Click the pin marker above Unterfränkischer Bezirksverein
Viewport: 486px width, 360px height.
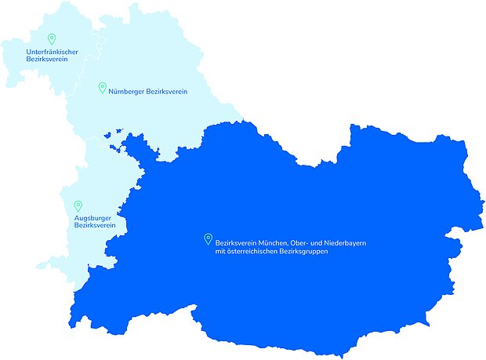tap(52, 38)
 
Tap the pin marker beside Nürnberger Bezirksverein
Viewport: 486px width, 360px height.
tap(102, 88)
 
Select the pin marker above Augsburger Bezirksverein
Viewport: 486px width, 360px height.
tap(78, 206)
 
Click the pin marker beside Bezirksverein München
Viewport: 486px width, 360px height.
tap(208, 239)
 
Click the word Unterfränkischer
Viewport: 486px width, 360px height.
tap(52, 52)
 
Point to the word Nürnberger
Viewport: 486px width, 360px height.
tap(126, 92)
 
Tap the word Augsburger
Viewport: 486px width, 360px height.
tap(92, 218)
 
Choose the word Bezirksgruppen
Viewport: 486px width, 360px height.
tap(303, 252)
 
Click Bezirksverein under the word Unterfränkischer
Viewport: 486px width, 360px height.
tap(46, 59)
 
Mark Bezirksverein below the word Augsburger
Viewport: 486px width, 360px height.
tap(95, 225)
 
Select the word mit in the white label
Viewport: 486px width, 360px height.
tap(220, 252)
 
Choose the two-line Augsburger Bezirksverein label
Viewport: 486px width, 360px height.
tap(95, 221)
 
